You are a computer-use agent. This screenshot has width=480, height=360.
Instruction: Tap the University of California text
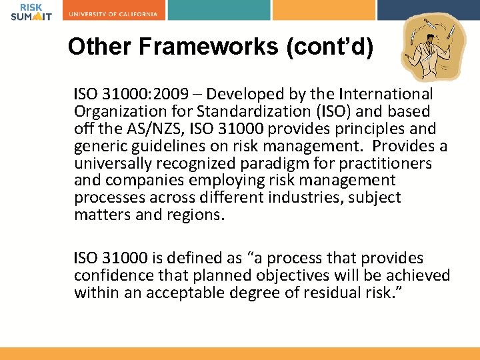pyautogui.click(x=113, y=14)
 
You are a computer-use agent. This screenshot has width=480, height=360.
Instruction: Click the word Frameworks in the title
pyautogui.click(x=185, y=47)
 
